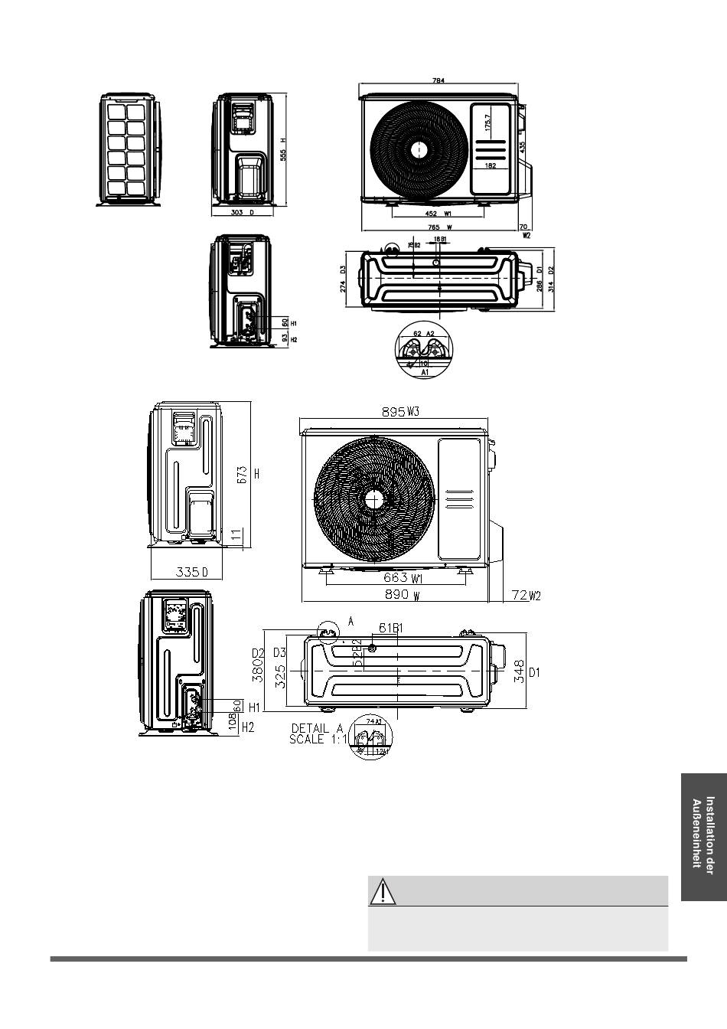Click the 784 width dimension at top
pos(438,80)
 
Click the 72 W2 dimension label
pos(526,595)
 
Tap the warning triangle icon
pos(381,892)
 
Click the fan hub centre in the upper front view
pos(419,149)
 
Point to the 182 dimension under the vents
pos(491,166)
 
